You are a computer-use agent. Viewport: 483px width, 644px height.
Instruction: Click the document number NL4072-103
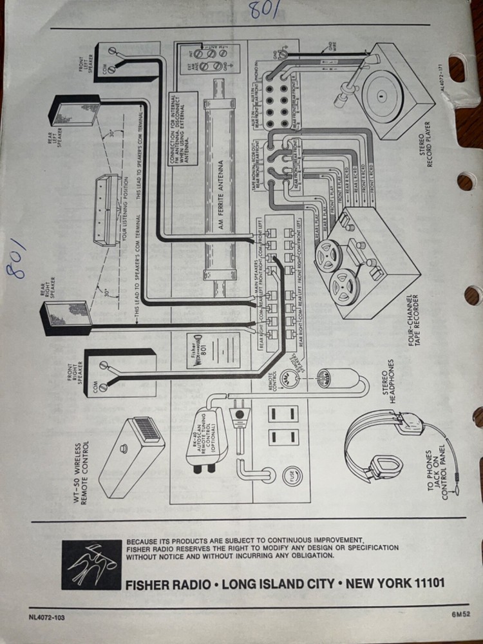(47, 617)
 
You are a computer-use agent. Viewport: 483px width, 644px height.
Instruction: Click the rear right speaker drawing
(64, 314)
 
